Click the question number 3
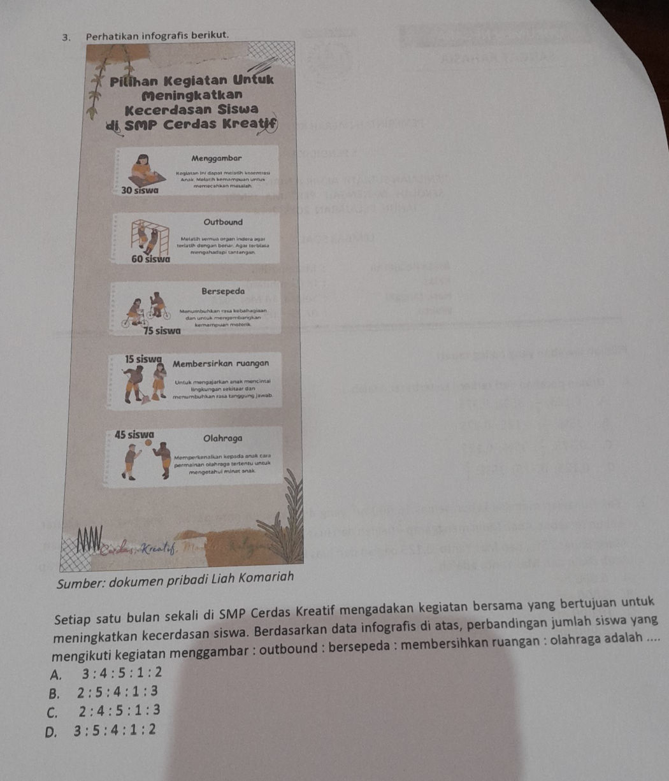coord(65,34)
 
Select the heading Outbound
coord(223,222)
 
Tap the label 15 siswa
coord(143,359)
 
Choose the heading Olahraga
coord(222,439)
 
